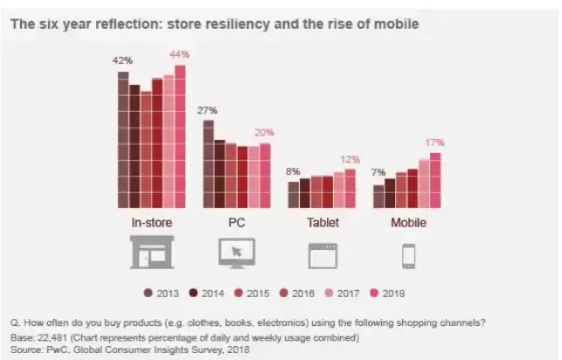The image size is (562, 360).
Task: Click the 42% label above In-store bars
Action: click(122, 60)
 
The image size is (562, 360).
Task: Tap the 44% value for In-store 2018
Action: click(180, 54)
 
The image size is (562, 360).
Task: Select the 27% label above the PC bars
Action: click(207, 110)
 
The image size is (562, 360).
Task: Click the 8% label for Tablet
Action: click(293, 171)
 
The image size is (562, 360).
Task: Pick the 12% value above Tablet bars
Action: click(350, 159)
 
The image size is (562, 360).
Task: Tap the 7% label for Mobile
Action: click(378, 172)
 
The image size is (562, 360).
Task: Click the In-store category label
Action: click(151, 223)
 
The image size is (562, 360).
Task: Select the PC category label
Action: click(236, 223)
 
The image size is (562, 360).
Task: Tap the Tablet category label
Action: click(323, 223)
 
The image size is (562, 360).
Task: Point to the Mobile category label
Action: click(407, 223)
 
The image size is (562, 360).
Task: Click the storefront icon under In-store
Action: click(151, 253)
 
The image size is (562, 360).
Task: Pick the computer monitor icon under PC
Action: click(236, 253)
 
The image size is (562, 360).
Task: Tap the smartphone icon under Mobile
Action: click(408, 255)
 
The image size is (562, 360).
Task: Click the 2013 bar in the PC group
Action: click(208, 164)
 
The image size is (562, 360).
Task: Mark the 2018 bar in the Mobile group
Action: click(435, 181)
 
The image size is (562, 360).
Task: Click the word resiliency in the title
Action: click(241, 24)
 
